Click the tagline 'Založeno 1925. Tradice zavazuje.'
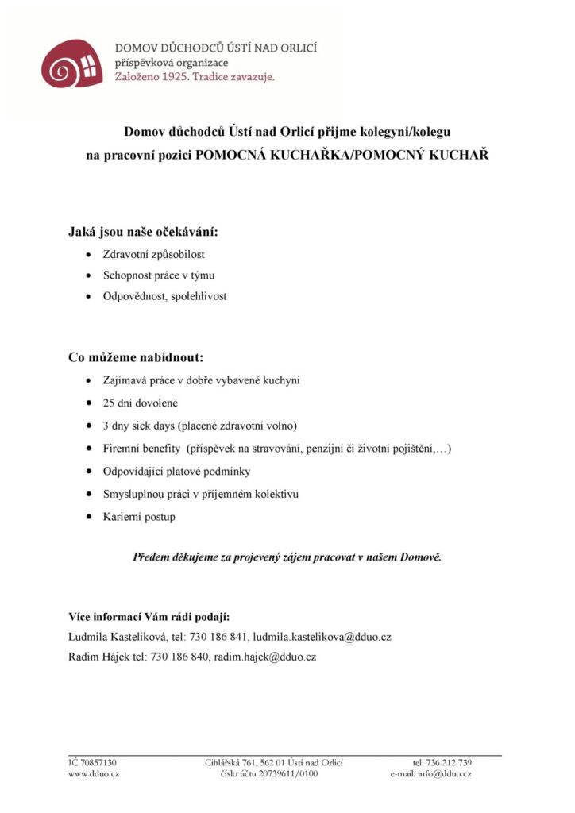coord(195,78)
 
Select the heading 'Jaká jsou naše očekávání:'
coord(143,233)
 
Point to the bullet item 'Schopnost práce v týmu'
coord(159,275)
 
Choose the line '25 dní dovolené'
coord(141,403)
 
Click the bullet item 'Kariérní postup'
coord(139,517)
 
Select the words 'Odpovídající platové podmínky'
coord(176,472)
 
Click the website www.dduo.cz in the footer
coord(94,774)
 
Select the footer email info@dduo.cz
coord(445,774)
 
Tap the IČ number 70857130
coord(98,762)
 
